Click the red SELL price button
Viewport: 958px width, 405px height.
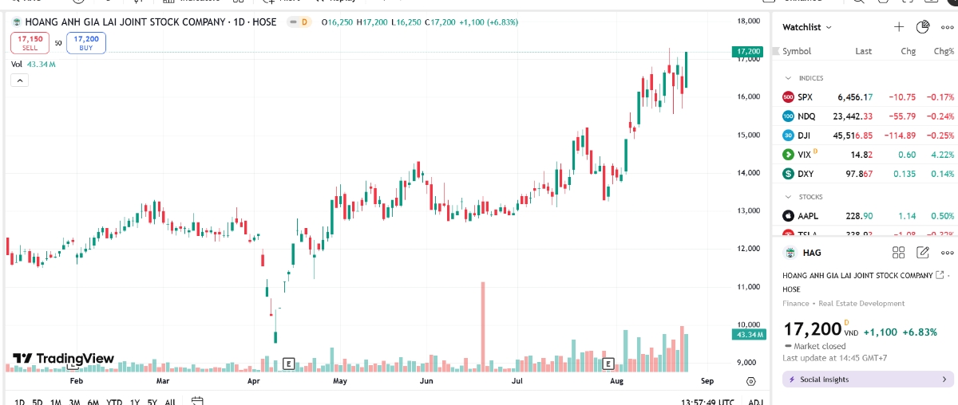coord(30,43)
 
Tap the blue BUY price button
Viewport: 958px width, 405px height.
coord(86,43)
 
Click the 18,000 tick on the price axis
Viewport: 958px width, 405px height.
coord(747,21)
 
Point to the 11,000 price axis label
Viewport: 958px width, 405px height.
coord(747,286)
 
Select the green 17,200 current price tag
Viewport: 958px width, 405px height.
coord(747,52)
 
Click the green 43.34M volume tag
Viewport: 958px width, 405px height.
coord(747,335)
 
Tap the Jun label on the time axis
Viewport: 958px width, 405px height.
coord(426,381)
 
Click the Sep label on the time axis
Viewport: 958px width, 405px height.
coord(707,381)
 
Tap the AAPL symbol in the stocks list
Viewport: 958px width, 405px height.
coord(808,216)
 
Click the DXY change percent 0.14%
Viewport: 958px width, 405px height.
coord(942,174)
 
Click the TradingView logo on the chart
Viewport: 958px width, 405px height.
coord(64,359)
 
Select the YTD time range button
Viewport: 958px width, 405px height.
coord(113,402)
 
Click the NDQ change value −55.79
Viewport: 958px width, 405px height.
coord(900,116)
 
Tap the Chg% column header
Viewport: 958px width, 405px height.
coord(944,51)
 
